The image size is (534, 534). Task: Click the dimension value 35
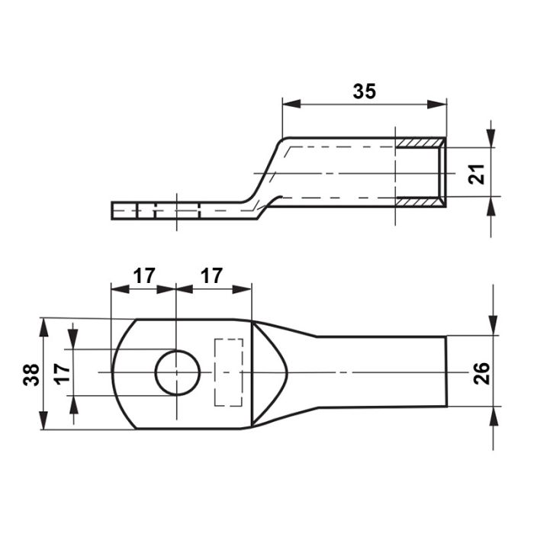pyautogui.click(x=364, y=92)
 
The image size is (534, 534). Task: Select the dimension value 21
pyautogui.click(x=477, y=174)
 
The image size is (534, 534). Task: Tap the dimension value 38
pyautogui.click(x=31, y=375)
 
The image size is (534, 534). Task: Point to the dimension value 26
pyautogui.click(x=481, y=374)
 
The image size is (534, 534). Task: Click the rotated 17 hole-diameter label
pyautogui.click(x=63, y=374)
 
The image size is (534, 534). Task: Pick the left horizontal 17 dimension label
pyautogui.click(x=144, y=275)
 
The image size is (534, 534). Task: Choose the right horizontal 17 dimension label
pyautogui.click(x=211, y=275)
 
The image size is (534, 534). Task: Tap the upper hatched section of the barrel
pyautogui.click(x=420, y=143)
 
